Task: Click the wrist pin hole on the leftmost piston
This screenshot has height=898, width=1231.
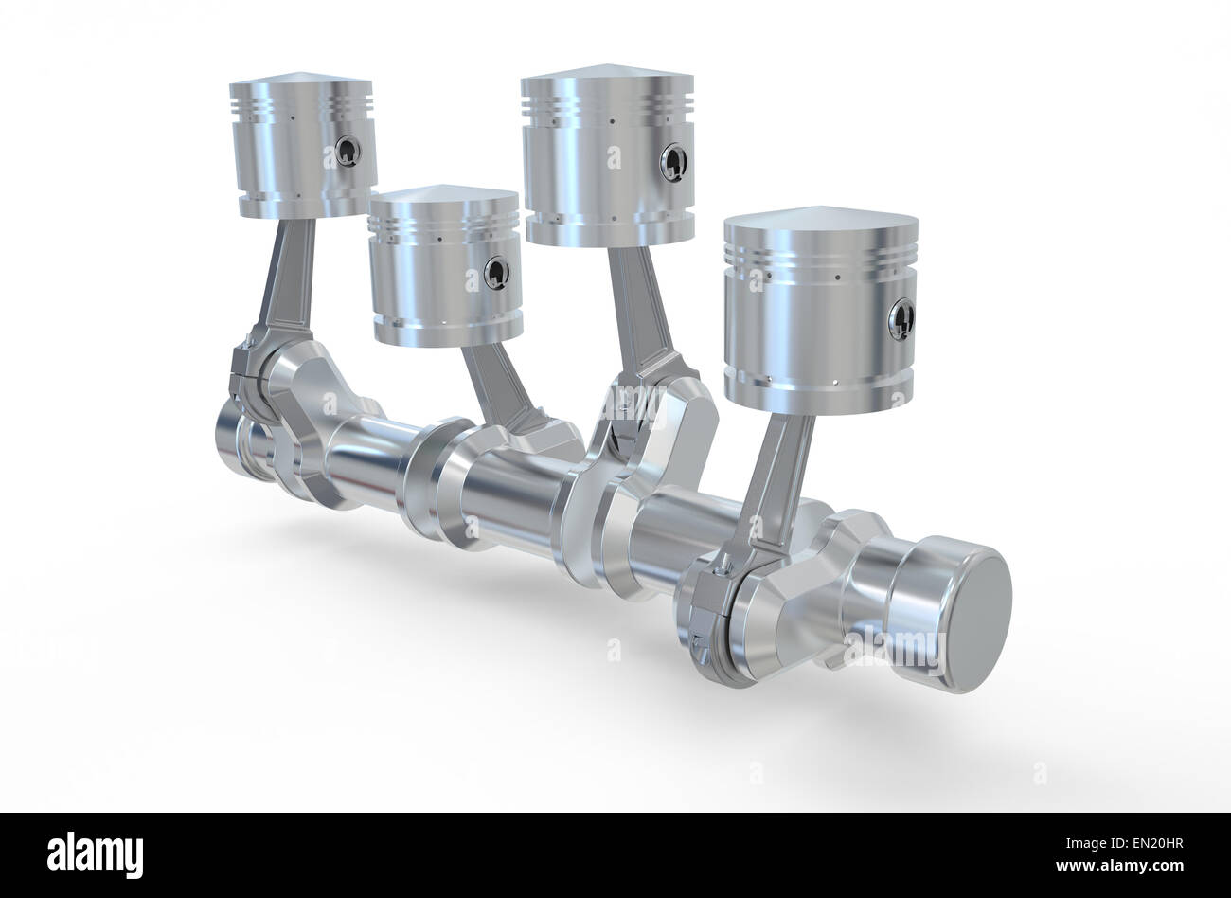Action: point(348,151)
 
